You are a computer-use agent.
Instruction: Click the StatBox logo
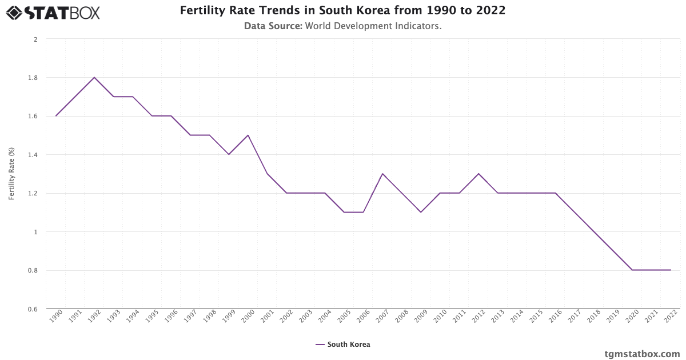pos(53,12)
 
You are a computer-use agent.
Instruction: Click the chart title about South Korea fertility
pos(342,10)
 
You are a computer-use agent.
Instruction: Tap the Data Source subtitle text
pos(342,26)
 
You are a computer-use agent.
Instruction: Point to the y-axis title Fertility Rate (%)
pos(11,174)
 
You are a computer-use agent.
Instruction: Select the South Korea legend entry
pos(343,345)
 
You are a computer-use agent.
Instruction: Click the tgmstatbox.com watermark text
pos(643,354)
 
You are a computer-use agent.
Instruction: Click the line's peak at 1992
pos(94,77)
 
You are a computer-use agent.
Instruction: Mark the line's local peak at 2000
pos(248,135)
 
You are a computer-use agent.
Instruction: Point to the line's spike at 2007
pos(382,174)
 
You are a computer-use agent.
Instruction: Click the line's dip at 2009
pos(421,212)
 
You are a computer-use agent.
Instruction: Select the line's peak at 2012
pos(478,174)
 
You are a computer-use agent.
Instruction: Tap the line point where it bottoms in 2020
pos(632,270)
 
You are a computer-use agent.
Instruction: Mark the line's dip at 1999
pos(229,154)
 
